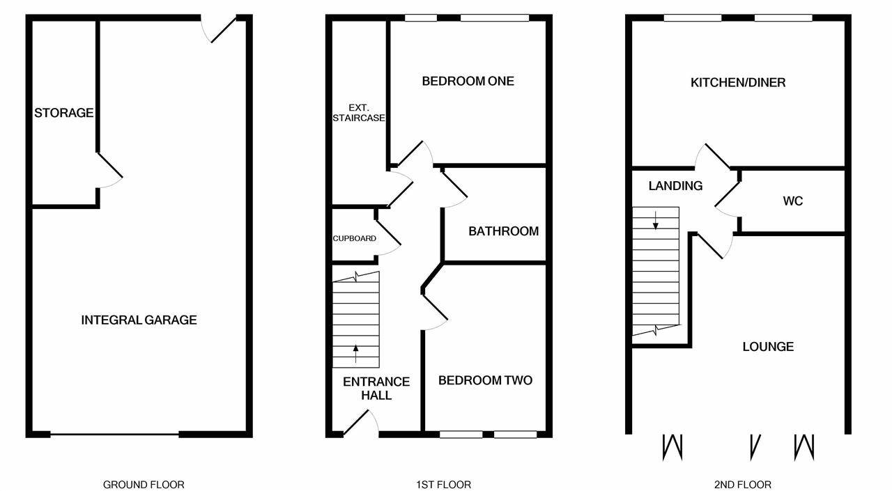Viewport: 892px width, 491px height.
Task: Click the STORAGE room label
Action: point(63,112)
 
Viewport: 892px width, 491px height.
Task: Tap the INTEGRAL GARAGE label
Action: point(139,320)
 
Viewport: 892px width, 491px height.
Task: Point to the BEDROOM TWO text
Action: point(485,380)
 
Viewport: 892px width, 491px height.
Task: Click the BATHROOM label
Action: point(503,231)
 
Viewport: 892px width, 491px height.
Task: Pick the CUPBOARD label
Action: point(354,238)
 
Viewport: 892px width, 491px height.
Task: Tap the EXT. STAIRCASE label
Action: point(358,113)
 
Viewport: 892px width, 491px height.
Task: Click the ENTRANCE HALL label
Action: point(376,388)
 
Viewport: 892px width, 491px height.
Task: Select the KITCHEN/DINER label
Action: point(737,82)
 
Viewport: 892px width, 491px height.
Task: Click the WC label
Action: point(792,201)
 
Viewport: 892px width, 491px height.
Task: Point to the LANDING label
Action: point(675,185)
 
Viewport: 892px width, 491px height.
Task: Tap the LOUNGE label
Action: point(767,346)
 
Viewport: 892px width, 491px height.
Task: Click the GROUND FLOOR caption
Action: point(144,484)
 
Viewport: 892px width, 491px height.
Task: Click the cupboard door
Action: point(387,233)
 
